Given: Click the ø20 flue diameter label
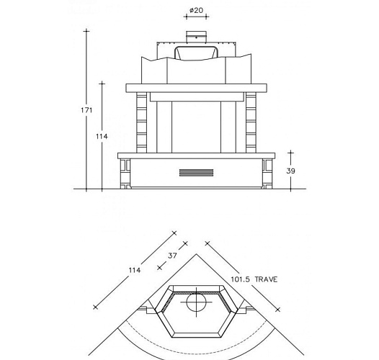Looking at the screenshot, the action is click(x=196, y=10).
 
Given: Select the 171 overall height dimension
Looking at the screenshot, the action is click(x=86, y=110).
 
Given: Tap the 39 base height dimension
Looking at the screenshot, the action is click(x=291, y=171).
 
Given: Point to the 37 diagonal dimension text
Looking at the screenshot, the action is click(x=172, y=256).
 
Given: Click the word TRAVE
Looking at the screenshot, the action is click(x=266, y=279).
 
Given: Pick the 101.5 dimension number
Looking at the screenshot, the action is click(x=241, y=279).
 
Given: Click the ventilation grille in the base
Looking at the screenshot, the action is click(x=196, y=173).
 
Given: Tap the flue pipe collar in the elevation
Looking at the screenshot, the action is click(x=196, y=37).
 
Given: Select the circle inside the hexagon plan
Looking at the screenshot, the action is click(x=196, y=302).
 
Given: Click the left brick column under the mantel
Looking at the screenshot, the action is click(x=141, y=122).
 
